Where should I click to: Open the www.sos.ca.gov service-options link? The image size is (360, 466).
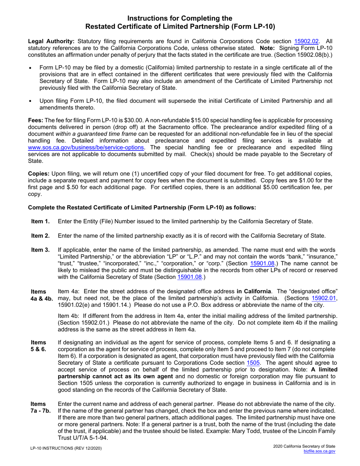[86, 147]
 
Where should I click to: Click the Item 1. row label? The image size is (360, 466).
[40, 222]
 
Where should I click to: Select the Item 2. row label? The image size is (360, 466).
[40, 236]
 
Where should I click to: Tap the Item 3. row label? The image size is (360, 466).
[40, 250]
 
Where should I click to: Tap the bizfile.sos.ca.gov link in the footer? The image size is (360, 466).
[319, 452]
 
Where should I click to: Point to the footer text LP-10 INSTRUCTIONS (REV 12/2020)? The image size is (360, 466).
[66, 449]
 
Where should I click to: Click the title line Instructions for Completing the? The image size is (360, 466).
[180, 18]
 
